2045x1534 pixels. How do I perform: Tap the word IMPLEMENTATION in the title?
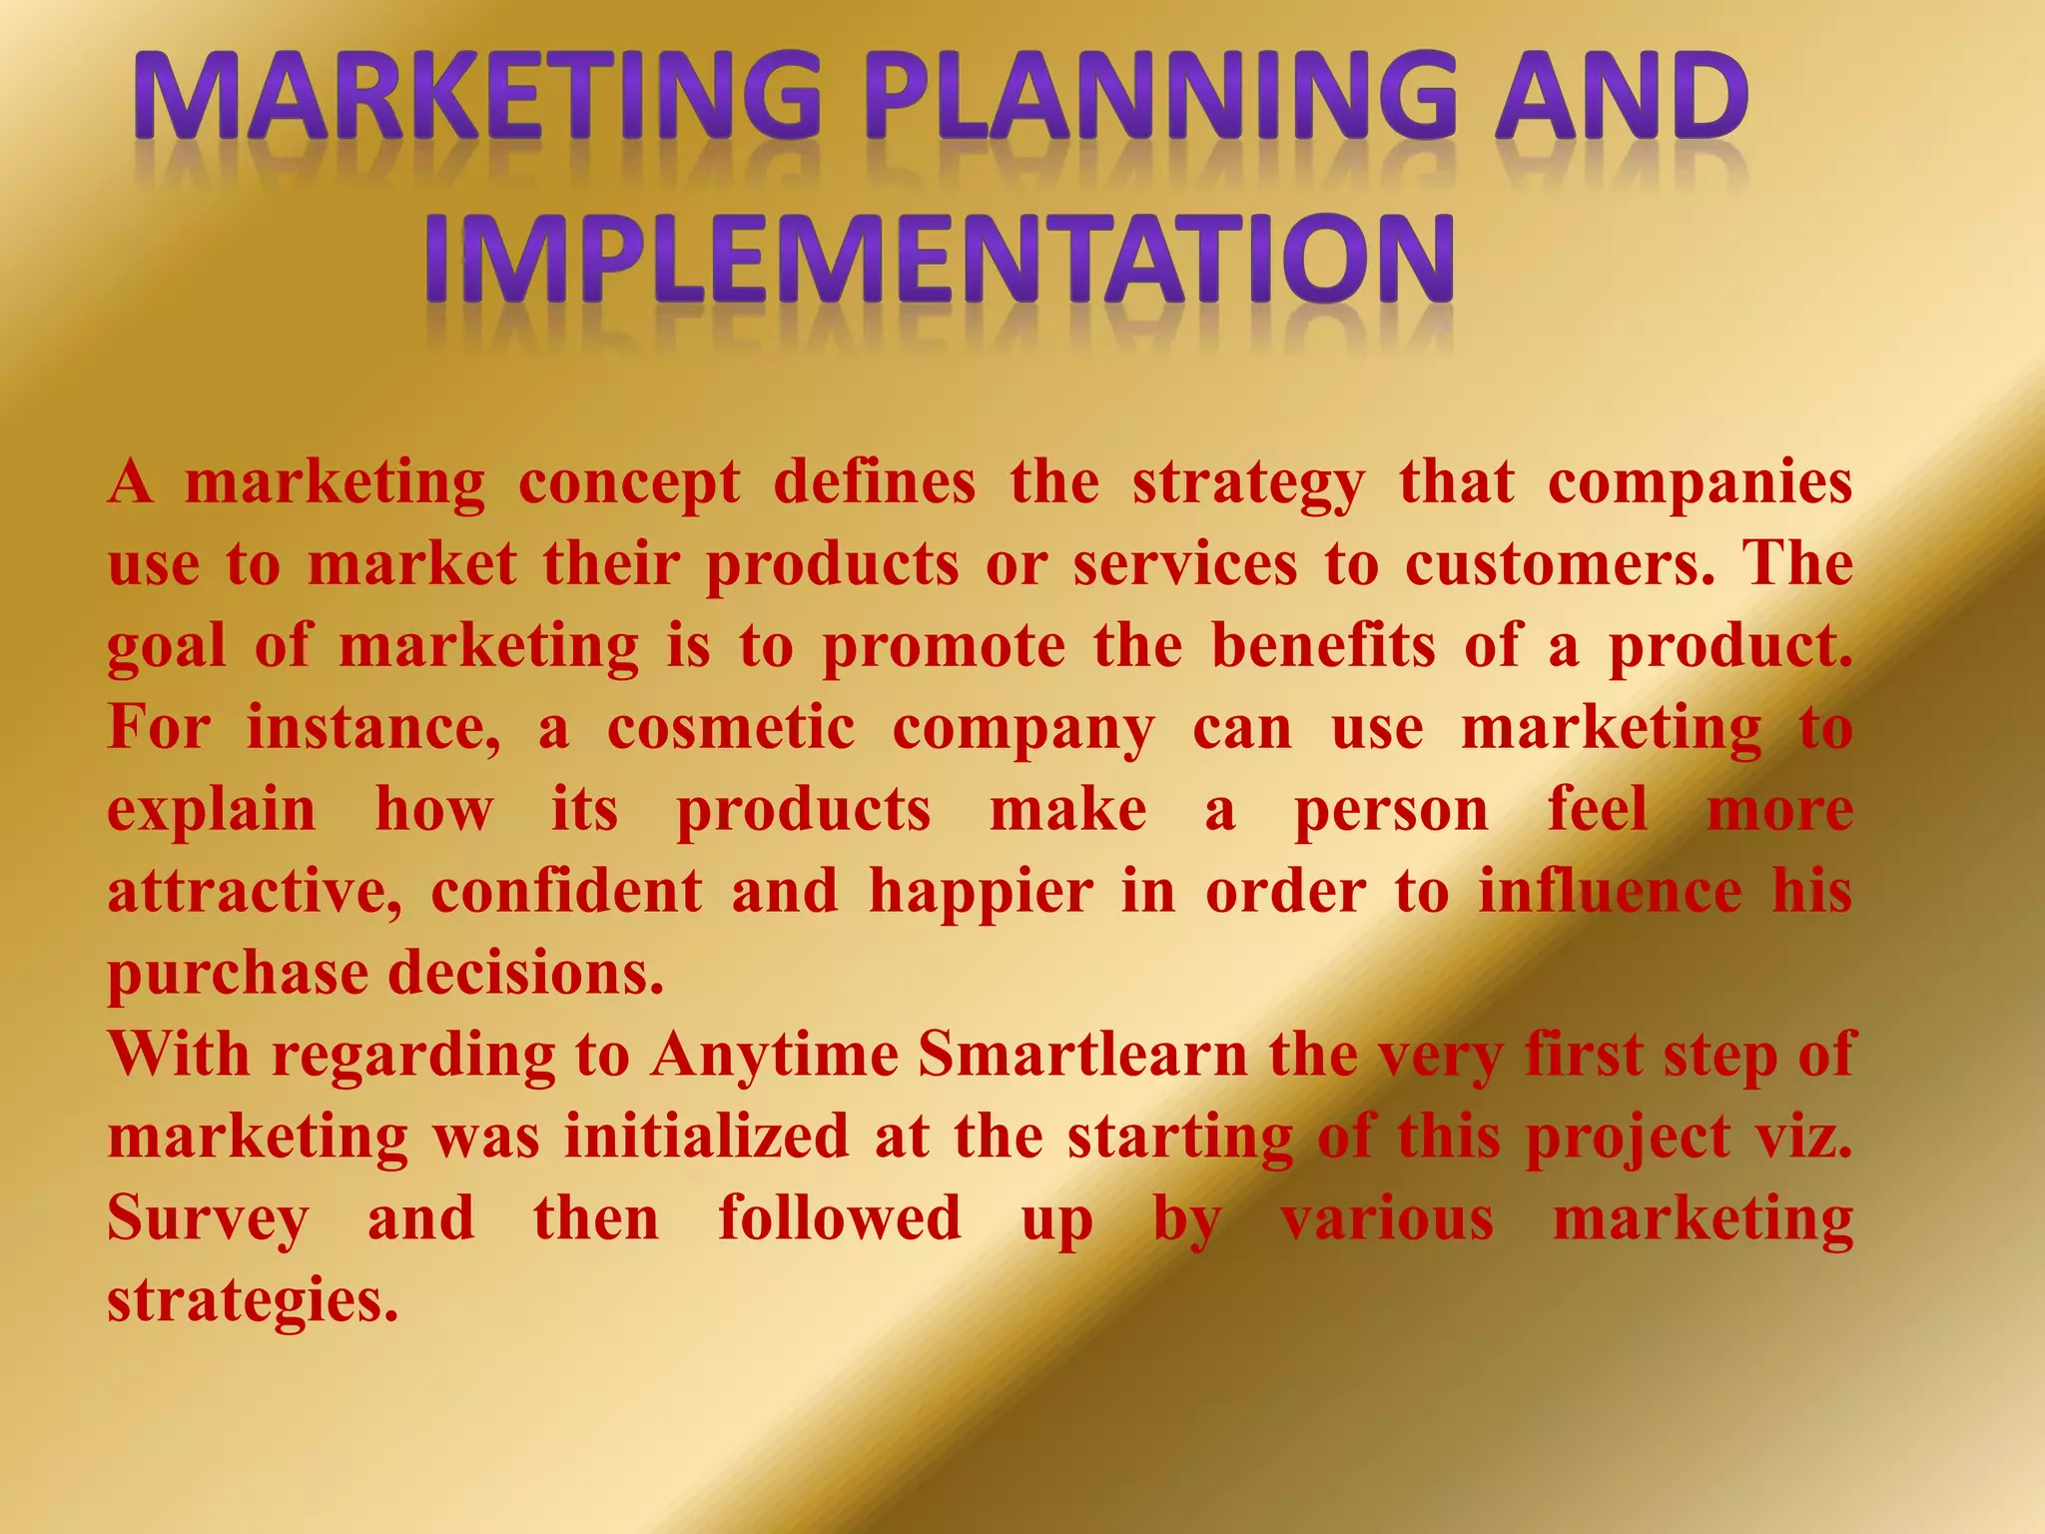pos(939,259)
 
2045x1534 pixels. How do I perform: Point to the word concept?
pos(629,484)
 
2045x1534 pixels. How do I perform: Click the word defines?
pos(874,482)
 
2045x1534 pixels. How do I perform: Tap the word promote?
pos(944,647)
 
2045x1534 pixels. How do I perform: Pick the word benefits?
pos(1323,645)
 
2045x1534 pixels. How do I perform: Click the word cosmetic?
pos(731,728)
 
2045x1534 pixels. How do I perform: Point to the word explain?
pos(212,811)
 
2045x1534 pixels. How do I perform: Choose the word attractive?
pos(256,892)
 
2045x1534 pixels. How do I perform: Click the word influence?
pos(1610,892)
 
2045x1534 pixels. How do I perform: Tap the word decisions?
pos(525,974)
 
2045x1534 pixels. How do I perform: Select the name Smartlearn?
pos(1082,1056)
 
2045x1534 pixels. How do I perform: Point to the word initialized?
pos(706,1138)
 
